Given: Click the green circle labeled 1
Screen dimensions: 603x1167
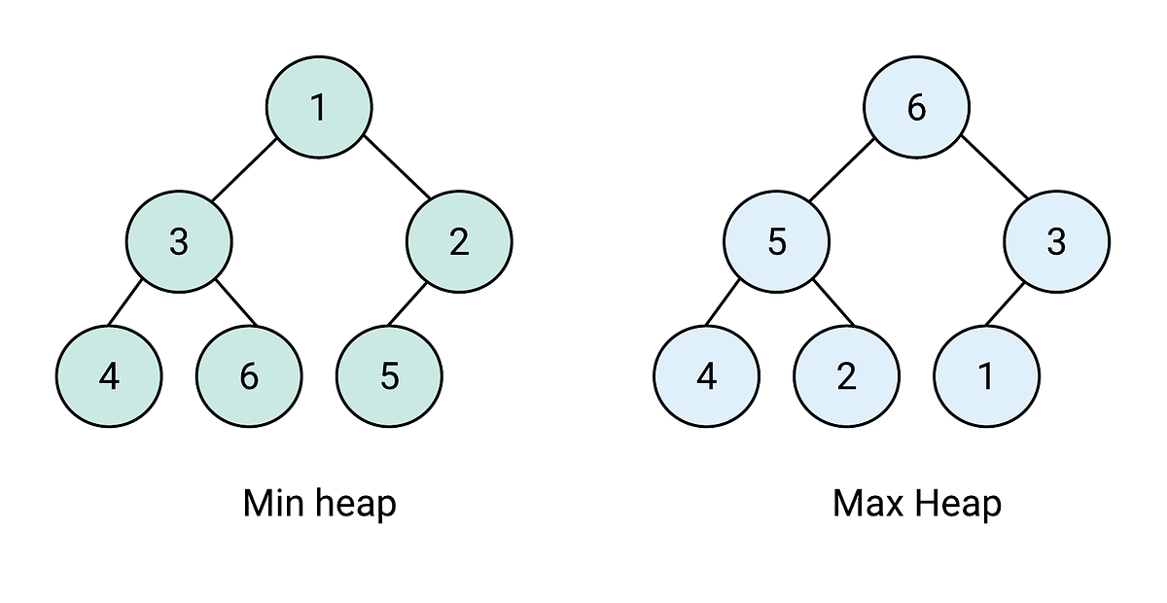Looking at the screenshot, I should pyautogui.click(x=319, y=106).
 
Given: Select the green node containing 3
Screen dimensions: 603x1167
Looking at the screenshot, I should pyautogui.click(x=179, y=241).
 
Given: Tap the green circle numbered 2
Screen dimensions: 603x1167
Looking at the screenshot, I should pyautogui.click(x=459, y=241).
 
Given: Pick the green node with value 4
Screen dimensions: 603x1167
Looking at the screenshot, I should pyautogui.click(x=109, y=376).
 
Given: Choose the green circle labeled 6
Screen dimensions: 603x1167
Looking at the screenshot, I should pyautogui.click(x=249, y=376).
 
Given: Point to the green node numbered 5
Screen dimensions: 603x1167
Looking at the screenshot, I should pyautogui.click(x=389, y=376).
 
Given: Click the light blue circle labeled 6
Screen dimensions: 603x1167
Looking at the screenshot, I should pyautogui.click(x=916, y=106).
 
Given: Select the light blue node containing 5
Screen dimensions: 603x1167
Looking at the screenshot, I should pyautogui.click(x=776, y=241).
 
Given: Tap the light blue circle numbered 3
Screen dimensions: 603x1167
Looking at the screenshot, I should pyautogui.click(x=1056, y=241).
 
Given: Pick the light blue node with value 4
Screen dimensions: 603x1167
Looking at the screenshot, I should pyautogui.click(x=706, y=376).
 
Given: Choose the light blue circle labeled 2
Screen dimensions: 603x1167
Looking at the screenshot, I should pyautogui.click(x=846, y=376).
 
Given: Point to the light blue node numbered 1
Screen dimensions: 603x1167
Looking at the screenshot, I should pyautogui.click(x=986, y=376).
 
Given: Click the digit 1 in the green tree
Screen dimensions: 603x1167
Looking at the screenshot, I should pyautogui.click(x=319, y=107).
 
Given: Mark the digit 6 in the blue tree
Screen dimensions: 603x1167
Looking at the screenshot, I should pyautogui.click(x=916, y=107).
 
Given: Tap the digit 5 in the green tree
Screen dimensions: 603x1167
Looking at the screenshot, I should pyautogui.click(x=389, y=376).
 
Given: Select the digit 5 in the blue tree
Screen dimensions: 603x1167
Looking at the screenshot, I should pyautogui.click(x=776, y=241).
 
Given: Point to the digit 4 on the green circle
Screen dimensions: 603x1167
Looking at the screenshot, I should pyautogui.click(x=109, y=376).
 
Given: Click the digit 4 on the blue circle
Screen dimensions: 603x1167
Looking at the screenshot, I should pyautogui.click(x=706, y=376).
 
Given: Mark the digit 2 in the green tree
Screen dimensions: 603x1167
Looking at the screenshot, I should pyautogui.click(x=459, y=241).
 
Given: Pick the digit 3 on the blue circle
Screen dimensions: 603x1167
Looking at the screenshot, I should pyautogui.click(x=1056, y=241).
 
